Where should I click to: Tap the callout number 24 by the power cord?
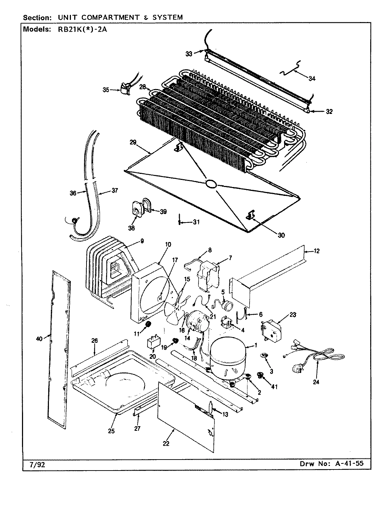tap(316, 382)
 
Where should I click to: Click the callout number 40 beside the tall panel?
tap(39, 339)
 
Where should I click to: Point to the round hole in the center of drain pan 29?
tap(211, 183)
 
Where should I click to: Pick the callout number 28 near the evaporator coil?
tap(143, 87)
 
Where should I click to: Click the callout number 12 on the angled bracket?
tap(317, 251)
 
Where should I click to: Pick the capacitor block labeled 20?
tap(153, 343)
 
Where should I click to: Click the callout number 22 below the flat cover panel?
tap(166, 444)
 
